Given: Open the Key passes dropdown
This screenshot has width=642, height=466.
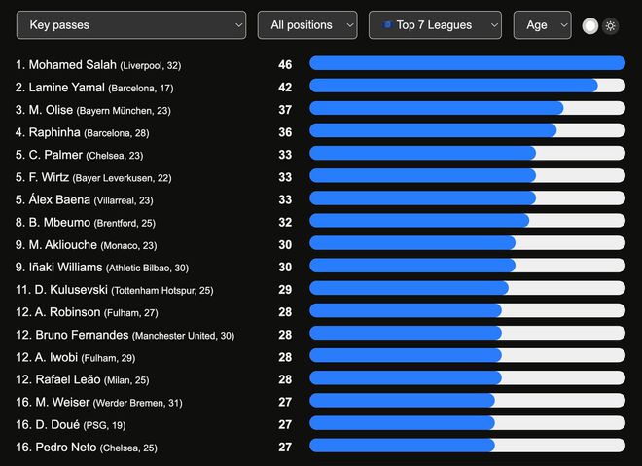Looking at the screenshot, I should [131, 25].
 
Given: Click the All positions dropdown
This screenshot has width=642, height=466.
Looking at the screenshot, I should [307, 25].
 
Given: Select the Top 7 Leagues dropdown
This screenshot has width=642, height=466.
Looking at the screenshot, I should [435, 25].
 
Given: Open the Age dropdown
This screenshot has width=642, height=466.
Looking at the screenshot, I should [542, 25].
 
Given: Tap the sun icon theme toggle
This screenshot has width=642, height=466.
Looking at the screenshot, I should [610, 26].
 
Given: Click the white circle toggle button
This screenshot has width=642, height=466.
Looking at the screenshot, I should [590, 26].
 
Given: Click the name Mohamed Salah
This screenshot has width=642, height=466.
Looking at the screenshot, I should [73, 64].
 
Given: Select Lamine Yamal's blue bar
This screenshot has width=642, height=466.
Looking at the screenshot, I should [453, 86].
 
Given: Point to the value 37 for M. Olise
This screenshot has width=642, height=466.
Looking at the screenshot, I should [285, 109].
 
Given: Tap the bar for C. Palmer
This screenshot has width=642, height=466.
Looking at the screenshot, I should [422, 154].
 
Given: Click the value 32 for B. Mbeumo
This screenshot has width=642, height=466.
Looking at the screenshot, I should [285, 222].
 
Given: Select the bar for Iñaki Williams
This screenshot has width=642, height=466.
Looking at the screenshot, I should [412, 267].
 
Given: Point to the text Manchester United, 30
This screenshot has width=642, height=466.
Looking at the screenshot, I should [184, 335].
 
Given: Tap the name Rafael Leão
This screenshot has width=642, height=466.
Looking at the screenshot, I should [67, 378].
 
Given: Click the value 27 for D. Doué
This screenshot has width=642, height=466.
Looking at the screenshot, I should [285, 423].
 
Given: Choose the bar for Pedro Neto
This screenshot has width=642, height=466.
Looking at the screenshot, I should [402, 446].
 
